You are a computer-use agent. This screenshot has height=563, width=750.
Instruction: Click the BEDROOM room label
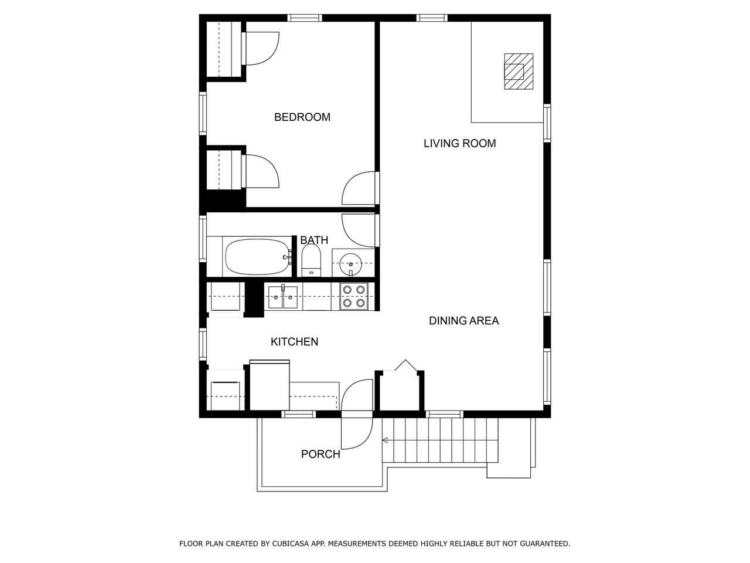(x=302, y=117)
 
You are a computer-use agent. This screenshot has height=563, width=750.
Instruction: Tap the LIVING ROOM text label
(x=459, y=143)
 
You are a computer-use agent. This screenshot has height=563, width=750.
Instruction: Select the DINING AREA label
(x=463, y=321)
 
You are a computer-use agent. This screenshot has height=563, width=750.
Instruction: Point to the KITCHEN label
(x=294, y=341)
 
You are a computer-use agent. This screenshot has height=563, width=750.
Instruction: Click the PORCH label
(x=321, y=454)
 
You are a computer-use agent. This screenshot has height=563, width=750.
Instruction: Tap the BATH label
(x=314, y=240)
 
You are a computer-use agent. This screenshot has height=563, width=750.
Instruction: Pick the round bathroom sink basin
(x=350, y=263)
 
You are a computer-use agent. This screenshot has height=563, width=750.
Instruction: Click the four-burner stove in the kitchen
(x=354, y=296)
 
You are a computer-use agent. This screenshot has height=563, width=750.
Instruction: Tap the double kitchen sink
(x=282, y=297)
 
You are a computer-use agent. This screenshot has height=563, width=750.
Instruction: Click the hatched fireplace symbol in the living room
(x=519, y=72)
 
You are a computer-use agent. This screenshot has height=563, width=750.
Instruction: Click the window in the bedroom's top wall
(x=305, y=18)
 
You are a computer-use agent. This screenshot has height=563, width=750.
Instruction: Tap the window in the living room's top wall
(x=432, y=18)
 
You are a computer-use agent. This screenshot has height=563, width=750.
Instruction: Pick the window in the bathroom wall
(x=203, y=239)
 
